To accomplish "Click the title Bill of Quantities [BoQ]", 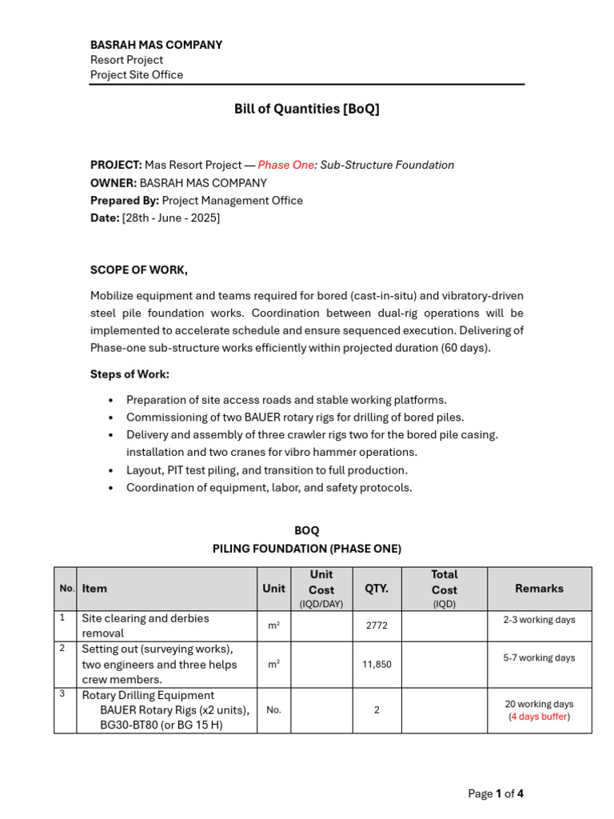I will pos(306,109).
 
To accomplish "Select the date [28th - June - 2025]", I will pos(170,218).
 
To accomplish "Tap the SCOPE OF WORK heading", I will pos(139,270).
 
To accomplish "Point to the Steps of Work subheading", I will pos(130,374).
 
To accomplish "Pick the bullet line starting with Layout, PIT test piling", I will pos(267,470).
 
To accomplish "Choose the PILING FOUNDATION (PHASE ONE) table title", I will pos(306,549).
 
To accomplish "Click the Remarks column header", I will pos(539,588).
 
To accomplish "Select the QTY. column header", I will pos(377,588).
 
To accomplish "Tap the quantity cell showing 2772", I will pos(377,625).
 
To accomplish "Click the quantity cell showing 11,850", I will pos(377,664).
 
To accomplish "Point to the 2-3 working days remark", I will pos(539,620).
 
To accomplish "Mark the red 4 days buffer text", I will pos(539,717).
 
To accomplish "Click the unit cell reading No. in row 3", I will pos(273,709).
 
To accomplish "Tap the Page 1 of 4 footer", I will pos(496,793).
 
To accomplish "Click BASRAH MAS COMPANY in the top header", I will pos(156,45).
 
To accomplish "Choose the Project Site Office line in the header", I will pos(137,74).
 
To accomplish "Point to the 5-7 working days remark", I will pos(539,658).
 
